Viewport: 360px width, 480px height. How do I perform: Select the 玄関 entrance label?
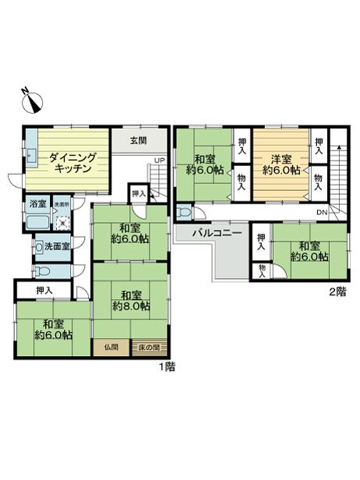pos(138,141)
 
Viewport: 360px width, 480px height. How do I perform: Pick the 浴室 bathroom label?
pos(37,204)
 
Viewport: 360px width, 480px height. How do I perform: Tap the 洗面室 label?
pos(54,246)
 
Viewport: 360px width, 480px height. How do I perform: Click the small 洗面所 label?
pos(60,204)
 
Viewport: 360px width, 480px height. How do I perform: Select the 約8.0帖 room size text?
pos(131,307)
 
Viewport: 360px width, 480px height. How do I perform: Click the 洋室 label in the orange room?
pos(281,156)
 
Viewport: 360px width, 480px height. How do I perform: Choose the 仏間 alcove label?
pos(110,348)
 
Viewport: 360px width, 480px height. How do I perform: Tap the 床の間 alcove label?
pos(150,348)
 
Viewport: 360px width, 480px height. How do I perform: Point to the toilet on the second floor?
pos(185,212)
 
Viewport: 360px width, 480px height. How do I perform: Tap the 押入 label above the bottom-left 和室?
pos(45,291)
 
